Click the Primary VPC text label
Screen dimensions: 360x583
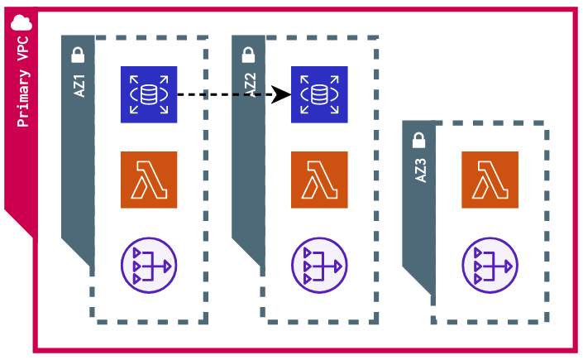[23, 81]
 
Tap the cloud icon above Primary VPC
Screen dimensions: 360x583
[22, 23]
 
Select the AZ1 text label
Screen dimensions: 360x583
[79, 84]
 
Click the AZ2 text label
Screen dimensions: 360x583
[250, 84]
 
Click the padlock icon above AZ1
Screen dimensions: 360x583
[78, 55]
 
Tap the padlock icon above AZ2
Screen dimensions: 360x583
[248, 55]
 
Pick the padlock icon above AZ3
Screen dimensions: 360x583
[419, 141]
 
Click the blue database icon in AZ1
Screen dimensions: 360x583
[149, 94]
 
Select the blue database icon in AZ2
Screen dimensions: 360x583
[319, 94]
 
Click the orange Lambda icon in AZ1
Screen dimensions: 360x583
[149, 180]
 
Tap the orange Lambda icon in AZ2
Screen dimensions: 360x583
[319, 180]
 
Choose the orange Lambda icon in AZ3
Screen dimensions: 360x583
[490, 180]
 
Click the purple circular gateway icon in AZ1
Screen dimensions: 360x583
[149, 266]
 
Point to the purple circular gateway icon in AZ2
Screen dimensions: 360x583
[319, 266]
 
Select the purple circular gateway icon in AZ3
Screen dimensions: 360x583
[490, 266]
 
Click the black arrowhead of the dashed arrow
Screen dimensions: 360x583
[282, 94]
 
